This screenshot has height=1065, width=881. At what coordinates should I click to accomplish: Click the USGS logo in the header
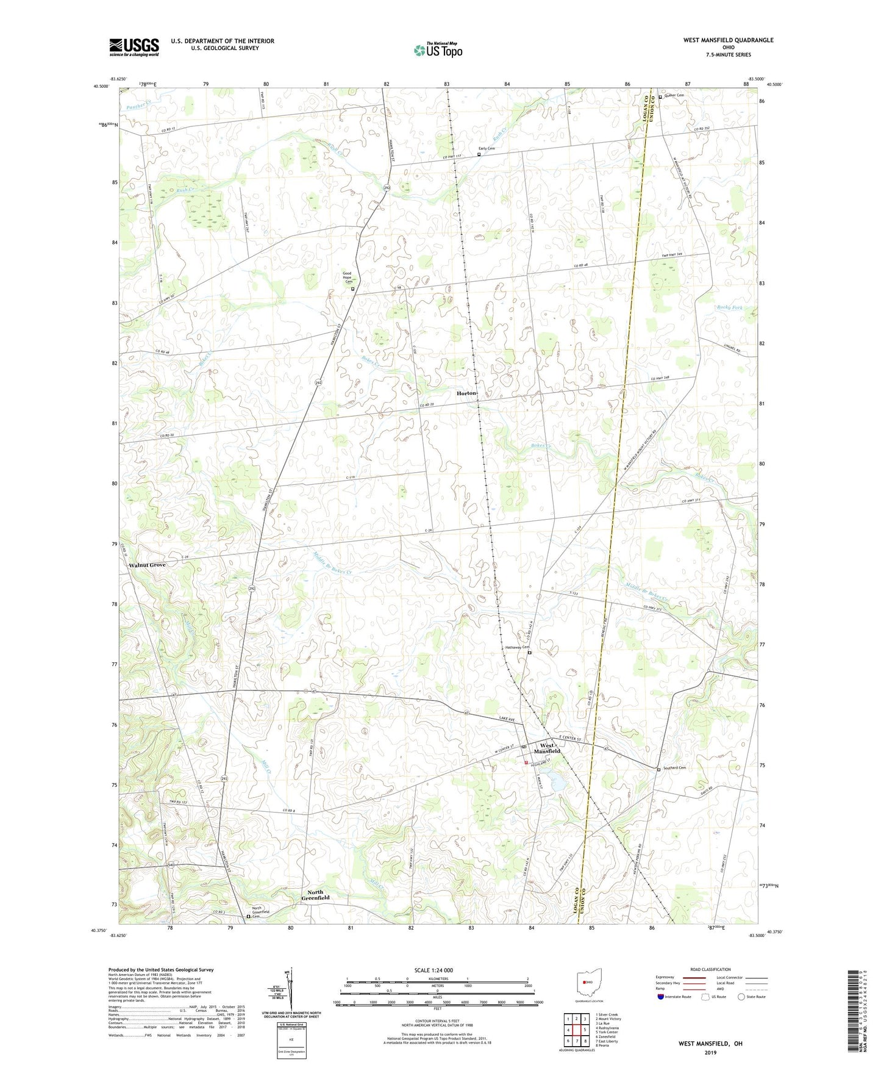click(x=134, y=46)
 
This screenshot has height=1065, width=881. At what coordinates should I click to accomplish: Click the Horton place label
click(x=466, y=393)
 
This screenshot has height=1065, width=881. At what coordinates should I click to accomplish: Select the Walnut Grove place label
click(x=147, y=565)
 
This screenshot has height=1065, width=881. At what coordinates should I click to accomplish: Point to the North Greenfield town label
click(x=316, y=895)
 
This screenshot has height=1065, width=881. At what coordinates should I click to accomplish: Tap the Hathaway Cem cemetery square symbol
click(x=529, y=653)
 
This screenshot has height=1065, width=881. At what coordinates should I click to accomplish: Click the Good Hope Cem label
click(x=348, y=278)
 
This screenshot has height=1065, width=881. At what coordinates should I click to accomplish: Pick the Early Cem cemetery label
click(x=487, y=149)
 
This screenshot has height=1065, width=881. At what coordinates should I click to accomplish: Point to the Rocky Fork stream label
click(x=730, y=307)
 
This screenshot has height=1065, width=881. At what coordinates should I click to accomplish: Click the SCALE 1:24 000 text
click(x=433, y=970)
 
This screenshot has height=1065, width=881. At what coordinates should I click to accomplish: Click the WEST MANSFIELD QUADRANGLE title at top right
click(x=728, y=40)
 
